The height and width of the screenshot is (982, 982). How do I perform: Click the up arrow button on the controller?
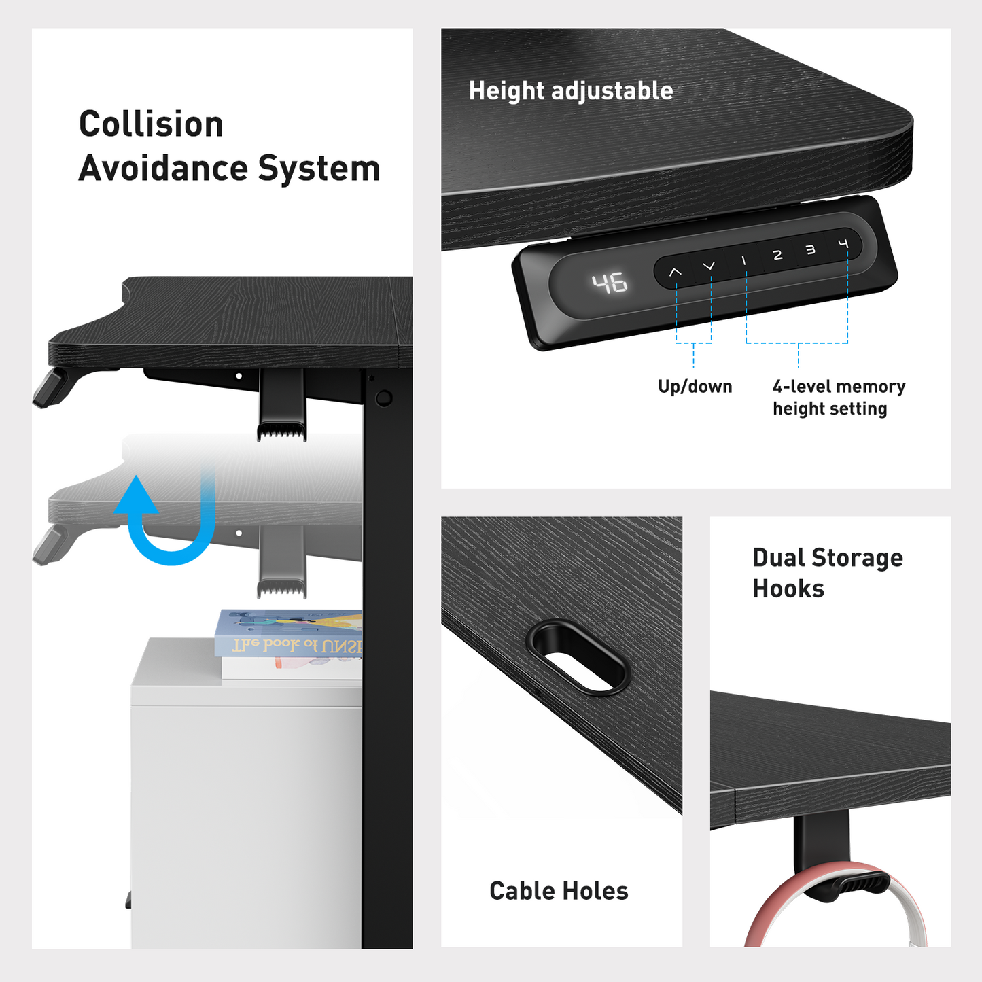[676, 272]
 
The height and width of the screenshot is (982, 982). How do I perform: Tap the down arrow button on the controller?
[709, 266]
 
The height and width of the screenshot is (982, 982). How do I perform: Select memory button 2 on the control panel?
[777, 255]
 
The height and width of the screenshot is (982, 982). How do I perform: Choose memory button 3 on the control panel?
[810, 249]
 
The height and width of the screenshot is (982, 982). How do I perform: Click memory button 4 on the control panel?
[843, 244]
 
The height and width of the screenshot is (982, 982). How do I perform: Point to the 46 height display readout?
[609, 283]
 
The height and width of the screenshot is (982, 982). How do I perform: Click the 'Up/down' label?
[695, 387]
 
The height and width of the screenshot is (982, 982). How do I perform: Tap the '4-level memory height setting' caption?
[839, 398]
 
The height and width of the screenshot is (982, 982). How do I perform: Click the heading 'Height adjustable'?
[571, 90]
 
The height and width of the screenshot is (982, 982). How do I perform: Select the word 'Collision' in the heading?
[152, 124]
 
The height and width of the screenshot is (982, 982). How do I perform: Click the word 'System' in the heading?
[319, 168]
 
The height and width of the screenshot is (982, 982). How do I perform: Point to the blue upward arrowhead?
[135, 494]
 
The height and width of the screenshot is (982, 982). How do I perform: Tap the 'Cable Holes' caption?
[559, 891]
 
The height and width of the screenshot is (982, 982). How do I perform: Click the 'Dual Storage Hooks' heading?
[828, 574]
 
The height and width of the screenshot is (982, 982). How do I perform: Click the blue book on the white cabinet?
[289, 633]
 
